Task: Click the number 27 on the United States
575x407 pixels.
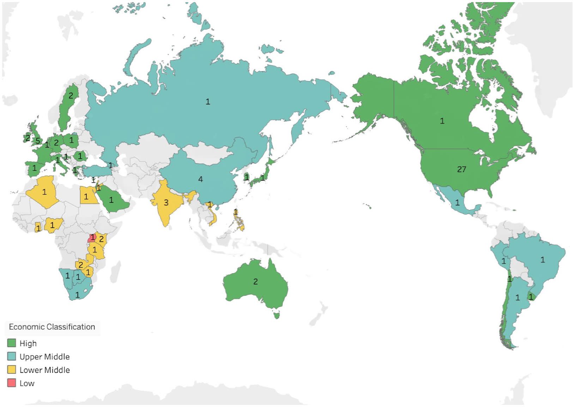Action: [461, 170]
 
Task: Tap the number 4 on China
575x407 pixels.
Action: [200, 179]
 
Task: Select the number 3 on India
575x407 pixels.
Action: [166, 203]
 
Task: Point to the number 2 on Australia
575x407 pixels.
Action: [255, 282]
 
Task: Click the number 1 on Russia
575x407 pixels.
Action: [208, 102]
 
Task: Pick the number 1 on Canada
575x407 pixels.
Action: [442, 121]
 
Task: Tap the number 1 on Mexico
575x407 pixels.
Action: [458, 203]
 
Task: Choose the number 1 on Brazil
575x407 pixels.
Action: [543, 260]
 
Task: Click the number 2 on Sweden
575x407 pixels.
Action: [71, 95]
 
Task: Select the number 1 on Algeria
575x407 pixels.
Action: [44, 192]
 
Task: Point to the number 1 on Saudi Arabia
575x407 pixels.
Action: [111, 200]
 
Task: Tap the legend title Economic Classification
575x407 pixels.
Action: [52, 327]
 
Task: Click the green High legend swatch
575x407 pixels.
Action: [12, 343]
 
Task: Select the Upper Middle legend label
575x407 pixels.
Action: [44, 357]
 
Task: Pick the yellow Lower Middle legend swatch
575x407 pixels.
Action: [12, 370]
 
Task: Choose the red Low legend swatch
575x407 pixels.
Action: [12, 383]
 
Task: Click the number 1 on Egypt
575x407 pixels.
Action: [86, 197]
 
